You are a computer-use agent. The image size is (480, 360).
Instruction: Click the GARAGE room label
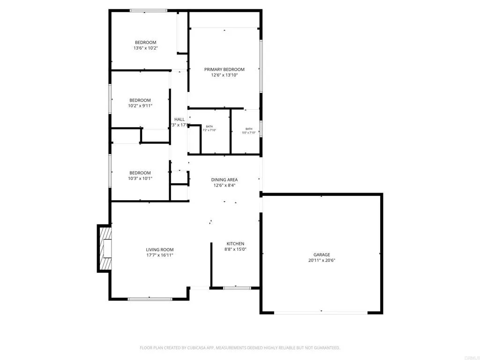[x=322, y=255]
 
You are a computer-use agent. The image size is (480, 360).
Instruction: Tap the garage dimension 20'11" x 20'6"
[x=322, y=260]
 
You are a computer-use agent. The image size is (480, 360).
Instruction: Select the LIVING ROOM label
[x=160, y=249]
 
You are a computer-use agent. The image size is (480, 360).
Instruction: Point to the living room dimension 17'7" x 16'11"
[x=160, y=255]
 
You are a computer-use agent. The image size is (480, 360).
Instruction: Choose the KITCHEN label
[x=235, y=244]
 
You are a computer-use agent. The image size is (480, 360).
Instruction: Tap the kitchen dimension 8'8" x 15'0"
[x=235, y=249]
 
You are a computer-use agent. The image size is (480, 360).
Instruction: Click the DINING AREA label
[x=224, y=180]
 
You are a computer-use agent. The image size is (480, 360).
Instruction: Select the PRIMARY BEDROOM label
[x=224, y=69]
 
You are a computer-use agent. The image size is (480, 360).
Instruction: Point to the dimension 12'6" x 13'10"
[x=224, y=75]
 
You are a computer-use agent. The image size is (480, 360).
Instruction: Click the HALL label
[x=180, y=119]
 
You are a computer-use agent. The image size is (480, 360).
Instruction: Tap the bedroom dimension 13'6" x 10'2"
[x=146, y=48]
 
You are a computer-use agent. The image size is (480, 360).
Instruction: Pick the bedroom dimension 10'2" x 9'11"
[x=140, y=105]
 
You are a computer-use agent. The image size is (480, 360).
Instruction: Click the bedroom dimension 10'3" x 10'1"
[x=140, y=178]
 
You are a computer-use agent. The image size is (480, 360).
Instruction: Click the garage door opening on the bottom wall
[x=322, y=312]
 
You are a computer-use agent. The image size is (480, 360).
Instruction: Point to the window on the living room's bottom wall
[x=150, y=298]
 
